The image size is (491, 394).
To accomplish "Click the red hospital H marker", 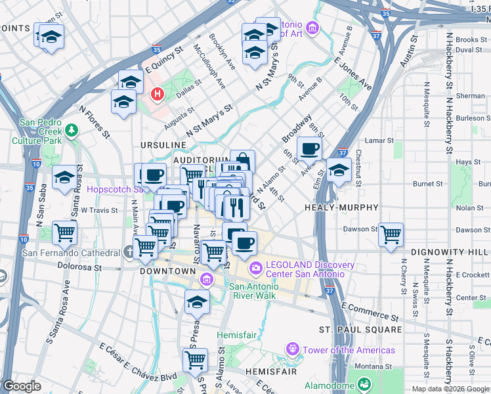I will [x=157, y=95].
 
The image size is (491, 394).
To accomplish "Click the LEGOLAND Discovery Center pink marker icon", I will [x=255, y=267].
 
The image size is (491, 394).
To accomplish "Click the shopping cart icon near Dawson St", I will [x=391, y=234].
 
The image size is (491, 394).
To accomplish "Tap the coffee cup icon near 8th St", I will [x=310, y=148].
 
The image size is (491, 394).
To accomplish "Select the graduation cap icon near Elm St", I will [x=339, y=171].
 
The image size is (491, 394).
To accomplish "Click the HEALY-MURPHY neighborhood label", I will [x=341, y=208].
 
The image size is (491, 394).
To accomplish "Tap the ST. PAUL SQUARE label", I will [x=360, y=329].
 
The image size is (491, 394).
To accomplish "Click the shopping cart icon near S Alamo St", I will [x=196, y=360].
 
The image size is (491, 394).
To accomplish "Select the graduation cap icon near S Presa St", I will [x=196, y=303].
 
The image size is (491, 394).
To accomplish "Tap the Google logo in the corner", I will [x=22, y=386].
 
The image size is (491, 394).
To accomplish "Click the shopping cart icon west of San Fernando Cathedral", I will [x=64, y=232].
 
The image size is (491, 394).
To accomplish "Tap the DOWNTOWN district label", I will [x=167, y=271].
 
